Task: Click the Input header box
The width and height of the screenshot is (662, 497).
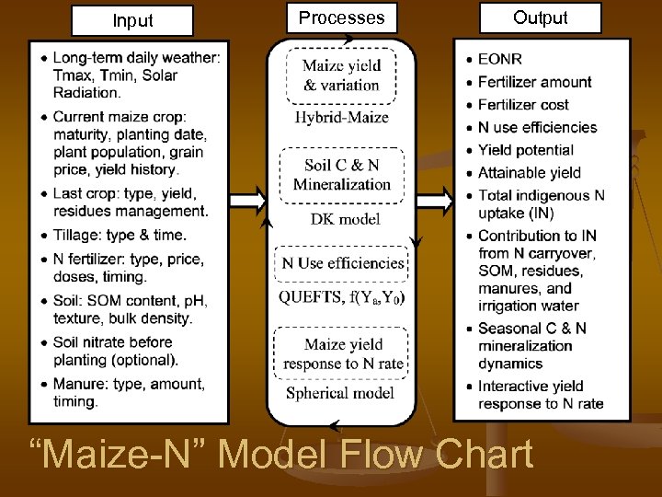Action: pyautogui.click(x=133, y=20)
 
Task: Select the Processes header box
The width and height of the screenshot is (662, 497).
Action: pyautogui.click(x=341, y=17)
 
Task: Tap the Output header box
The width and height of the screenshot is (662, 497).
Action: pyautogui.click(x=540, y=17)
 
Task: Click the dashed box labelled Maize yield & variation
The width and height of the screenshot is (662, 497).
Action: pyautogui.click(x=341, y=75)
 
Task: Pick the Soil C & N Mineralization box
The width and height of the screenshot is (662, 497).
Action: pyautogui.click(x=341, y=174)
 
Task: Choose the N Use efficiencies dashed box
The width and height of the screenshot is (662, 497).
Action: pyautogui.click(x=342, y=263)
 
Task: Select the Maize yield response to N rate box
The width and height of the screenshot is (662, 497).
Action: pyautogui.click(x=342, y=353)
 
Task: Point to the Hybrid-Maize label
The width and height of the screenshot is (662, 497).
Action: pyautogui.click(x=341, y=118)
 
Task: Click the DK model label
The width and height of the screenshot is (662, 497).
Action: pyautogui.click(x=341, y=219)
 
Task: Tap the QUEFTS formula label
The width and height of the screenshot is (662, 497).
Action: pyautogui.click(x=341, y=296)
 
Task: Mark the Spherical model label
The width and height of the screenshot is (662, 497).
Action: pyautogui.click(x=341, y=393)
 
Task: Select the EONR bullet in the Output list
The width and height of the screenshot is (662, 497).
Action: pyautogui.click(x=499, y=59)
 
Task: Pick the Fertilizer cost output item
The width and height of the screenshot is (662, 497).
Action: pyautogui.click(x=522, y=104)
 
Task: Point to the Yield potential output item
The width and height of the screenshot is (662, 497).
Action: pyautogui.click(x=525, y=149)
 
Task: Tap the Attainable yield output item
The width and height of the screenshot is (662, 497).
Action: pyautogui.click(x=529, y=172)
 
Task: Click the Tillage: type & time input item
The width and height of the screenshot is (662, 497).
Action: pyautogui.click(x=119, y=235)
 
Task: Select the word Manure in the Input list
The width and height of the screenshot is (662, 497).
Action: pyautogui.click(x=77, y=383)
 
